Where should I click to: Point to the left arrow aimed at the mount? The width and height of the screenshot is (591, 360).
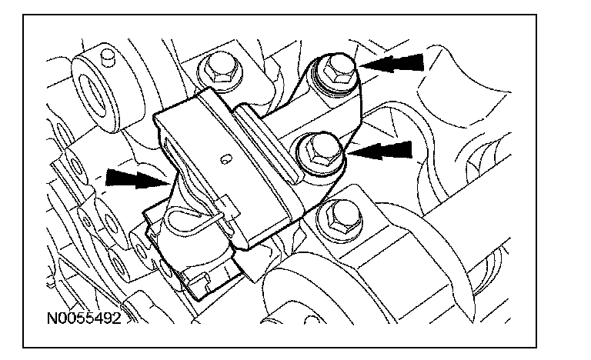135,178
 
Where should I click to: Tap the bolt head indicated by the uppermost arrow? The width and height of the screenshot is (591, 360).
336,72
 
